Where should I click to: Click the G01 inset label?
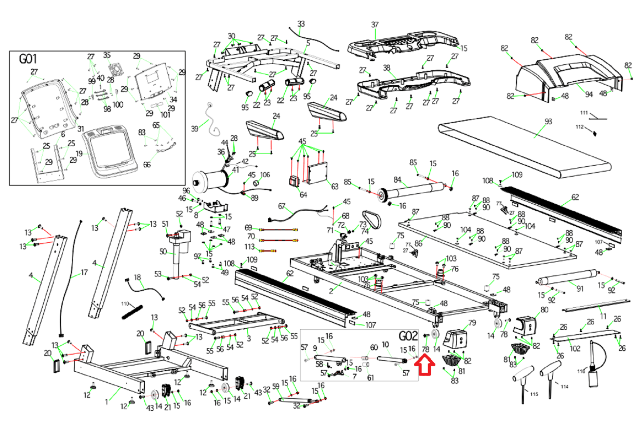[x=28, y=59]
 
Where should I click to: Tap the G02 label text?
[x=408, y=336]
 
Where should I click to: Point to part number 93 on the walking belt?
[x=548, y=121]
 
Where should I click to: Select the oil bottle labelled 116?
[x=595, y=373]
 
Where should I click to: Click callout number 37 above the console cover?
[x=375, y=25]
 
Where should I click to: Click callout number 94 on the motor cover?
[x=589, y=94]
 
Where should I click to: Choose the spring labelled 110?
[x=132, y=312]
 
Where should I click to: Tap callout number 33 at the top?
[x=301, y=24]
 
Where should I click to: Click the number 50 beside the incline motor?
[x=163, y=252]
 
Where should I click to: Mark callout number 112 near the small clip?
[x=579, y=127]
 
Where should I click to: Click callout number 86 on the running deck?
[x=418, y=243]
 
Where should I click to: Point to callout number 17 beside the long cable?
[x=84, y=272]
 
